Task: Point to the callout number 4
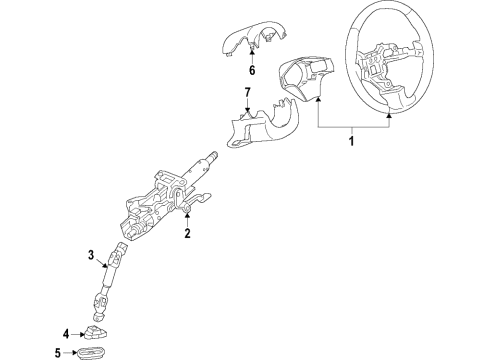pyautogui.click(x=67, y=333)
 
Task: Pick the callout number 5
pyautogui.click(x=58, y=352)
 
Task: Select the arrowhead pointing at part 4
pyautogui.click(x=83, y=333)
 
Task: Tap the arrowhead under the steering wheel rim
pyautogui.click(x=389, y=116)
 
